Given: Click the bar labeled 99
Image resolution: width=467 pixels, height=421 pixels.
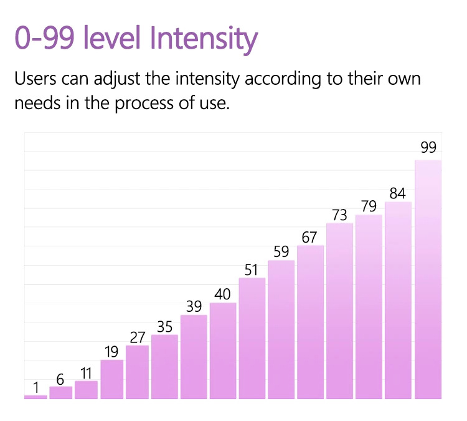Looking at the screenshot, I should [x=428, y=279].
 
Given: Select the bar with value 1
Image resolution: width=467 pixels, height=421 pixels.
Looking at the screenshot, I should [x=35, y=397].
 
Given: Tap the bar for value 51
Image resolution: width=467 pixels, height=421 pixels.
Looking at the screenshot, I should [x=252, y=338].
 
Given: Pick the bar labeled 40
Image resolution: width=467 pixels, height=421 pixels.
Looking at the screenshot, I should [x=223, y=351].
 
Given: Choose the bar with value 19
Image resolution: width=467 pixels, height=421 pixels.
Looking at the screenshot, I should [x=112, y=379].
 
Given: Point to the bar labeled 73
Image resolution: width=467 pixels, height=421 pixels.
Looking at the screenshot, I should [x=339, y=311].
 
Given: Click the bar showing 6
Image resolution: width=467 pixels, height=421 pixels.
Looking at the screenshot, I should [x=61, y=392].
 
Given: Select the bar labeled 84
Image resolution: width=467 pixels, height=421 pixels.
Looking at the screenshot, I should [x=398, y=300].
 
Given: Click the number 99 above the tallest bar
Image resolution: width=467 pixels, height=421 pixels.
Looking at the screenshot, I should [x=428, y=147].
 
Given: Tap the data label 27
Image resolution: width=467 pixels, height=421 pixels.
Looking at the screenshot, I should [x=137, y=337].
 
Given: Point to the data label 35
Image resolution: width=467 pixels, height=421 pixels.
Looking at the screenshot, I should [x=165, y=326].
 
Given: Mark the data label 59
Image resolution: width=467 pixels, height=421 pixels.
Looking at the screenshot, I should [x=281, y=252].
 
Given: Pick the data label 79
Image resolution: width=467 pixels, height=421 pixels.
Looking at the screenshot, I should [x=369, y=206].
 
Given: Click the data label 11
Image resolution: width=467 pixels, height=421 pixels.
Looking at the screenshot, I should [x=86, y=373].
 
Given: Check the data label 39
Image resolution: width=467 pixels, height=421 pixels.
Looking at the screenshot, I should [x=194, y=306].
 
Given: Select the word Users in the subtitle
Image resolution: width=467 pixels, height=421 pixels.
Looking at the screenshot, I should [x=38, y=80].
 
